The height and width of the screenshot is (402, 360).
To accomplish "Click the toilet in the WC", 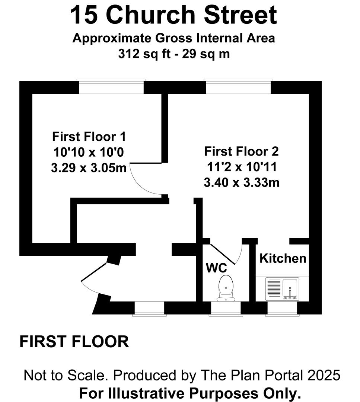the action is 226,288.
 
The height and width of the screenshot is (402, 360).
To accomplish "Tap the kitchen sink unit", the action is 282,289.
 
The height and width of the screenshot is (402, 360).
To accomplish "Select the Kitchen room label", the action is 283,258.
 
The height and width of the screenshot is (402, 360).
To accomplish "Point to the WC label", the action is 216,268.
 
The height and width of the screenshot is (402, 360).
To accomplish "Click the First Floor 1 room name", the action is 89,136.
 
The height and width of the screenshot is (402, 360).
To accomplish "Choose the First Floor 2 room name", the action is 241,151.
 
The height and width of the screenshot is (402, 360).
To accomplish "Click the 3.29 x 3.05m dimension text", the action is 89,168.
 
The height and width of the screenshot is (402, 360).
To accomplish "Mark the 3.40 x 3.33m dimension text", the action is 242,183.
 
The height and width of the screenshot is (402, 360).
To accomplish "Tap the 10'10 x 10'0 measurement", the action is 89,152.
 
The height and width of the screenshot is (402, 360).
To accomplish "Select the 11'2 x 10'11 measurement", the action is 242,167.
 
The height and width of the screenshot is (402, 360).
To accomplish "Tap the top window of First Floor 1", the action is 111,87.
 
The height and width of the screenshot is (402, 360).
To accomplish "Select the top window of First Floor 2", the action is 238,87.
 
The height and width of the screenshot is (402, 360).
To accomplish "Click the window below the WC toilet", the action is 226,309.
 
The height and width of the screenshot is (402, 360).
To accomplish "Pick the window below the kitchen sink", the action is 282,309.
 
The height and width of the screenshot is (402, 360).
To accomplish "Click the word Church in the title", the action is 151,15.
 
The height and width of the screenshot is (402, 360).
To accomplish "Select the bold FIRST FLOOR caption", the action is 74,342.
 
